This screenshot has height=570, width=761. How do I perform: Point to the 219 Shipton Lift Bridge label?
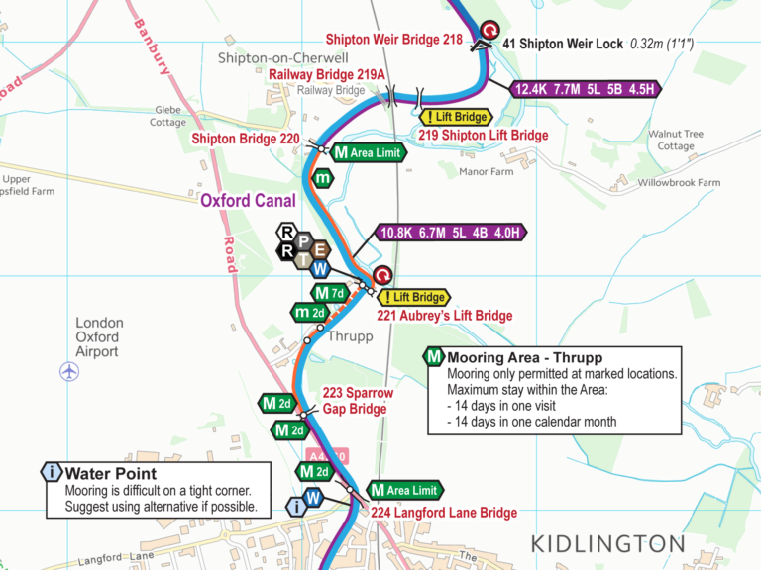point(483,135)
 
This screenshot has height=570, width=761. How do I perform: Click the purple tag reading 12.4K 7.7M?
point(586,89)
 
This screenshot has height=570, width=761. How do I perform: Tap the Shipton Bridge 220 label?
point(245,139)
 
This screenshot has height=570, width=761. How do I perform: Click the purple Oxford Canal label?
point(248,201)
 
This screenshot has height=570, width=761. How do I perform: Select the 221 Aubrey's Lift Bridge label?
point(445,316)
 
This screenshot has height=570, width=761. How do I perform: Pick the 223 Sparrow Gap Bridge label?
point(357,401)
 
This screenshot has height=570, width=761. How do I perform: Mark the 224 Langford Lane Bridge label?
point(444,513)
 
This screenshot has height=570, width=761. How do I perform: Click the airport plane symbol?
point(69,371)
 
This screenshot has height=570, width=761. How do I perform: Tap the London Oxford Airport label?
point(99,337)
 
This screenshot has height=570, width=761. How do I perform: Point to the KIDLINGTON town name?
point(607,543)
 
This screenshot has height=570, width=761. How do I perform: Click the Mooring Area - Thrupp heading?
point(525,357)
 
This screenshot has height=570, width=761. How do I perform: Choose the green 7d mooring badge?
point(328,293)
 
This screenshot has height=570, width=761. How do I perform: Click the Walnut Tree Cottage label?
point(676,140)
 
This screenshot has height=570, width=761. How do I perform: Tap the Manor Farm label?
point(487,171)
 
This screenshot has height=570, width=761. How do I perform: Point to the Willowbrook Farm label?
point(679,183)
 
